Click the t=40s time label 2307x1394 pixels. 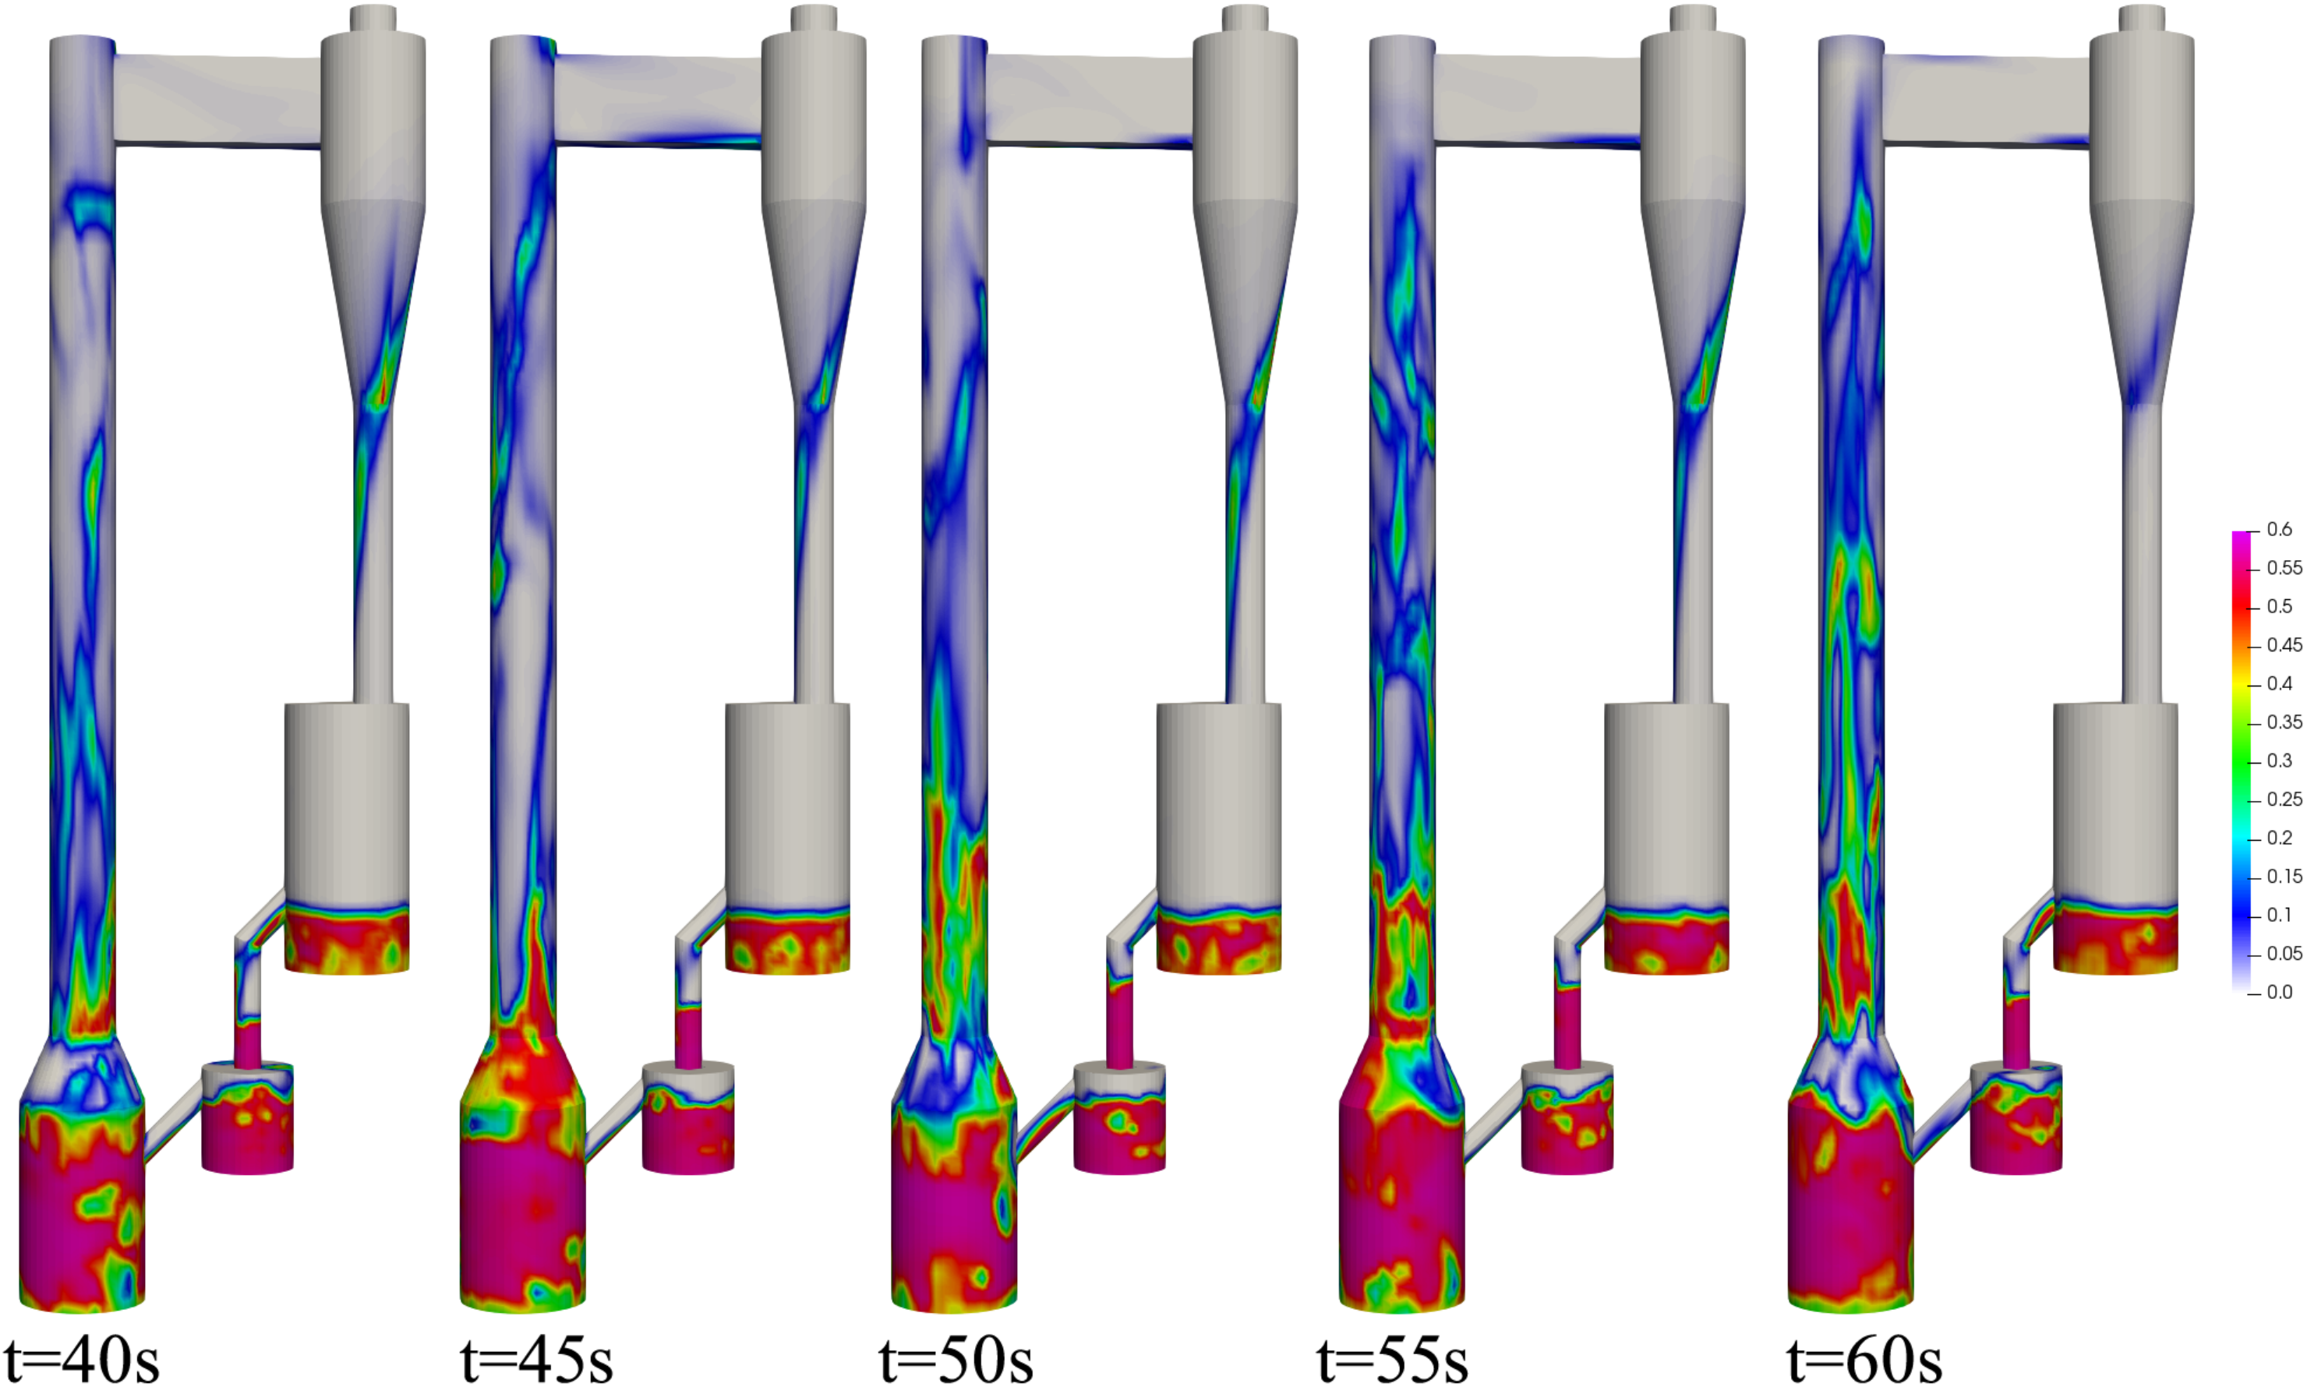(x=82, y=1360)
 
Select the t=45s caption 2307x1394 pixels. (x=536, y=1360)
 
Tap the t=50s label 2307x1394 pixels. (x=956, y=1360)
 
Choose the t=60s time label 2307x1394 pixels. (x=1864, y=1360)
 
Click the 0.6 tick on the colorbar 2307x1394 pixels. (x=2279, y=530)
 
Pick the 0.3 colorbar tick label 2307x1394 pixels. (x=2279, y=761)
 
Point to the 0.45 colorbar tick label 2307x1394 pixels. (x=2284, y=645)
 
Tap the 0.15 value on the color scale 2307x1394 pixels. (x=2284, y=877)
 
